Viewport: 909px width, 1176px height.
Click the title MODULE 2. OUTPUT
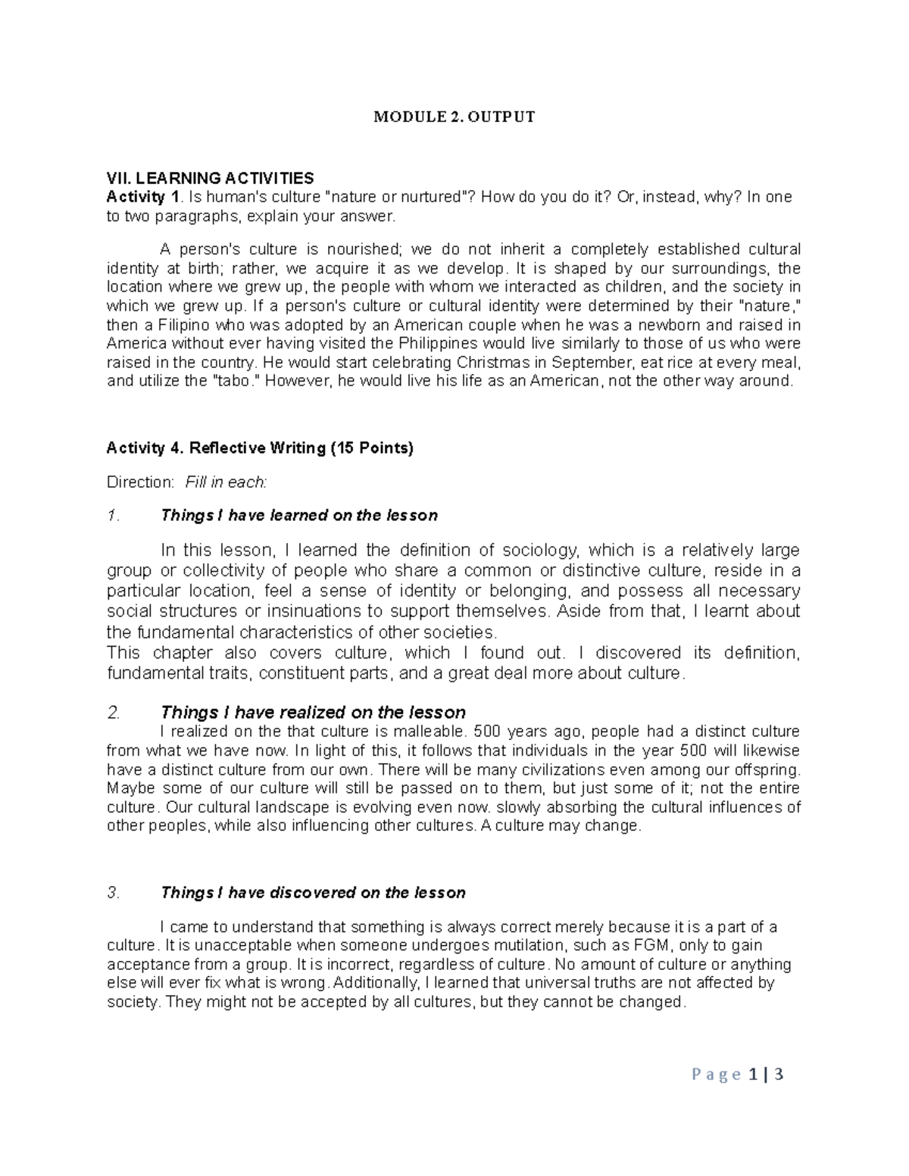click(454, 117)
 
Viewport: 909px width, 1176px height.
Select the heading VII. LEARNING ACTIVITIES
click(210, 179)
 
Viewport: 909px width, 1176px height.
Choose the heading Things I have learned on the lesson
click(299, 516)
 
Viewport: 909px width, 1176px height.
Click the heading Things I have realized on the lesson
click(313, 713)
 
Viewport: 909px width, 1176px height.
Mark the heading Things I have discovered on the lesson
click(313, 893)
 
